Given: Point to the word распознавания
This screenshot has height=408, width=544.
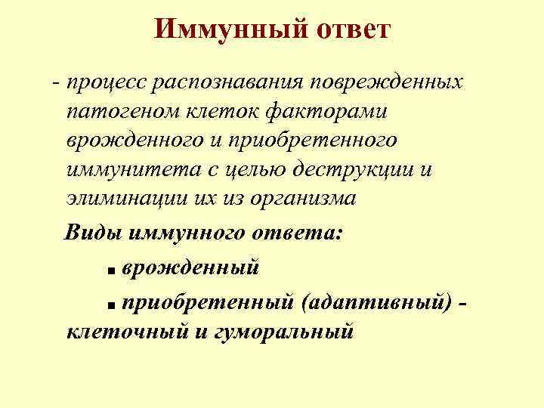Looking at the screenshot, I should coord(231,81).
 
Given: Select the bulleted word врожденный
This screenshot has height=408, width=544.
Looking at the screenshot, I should coord(190,266).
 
